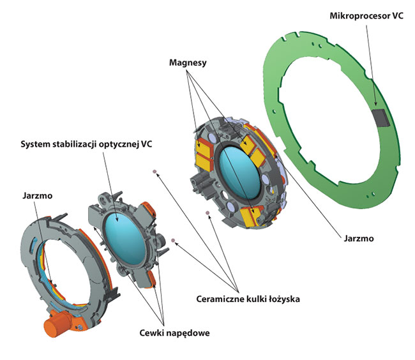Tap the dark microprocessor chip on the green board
click(379, 117)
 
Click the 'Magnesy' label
click(189, 63)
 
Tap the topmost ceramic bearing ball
click(154, 172)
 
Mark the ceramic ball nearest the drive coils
click(173, 240)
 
